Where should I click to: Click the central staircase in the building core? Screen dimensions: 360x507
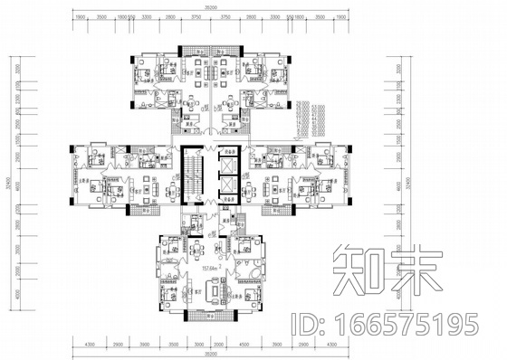pyautogui.click(x=189, y=175)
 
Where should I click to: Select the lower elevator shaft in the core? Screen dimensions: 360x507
pyautogui.click(x=226, y=194)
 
